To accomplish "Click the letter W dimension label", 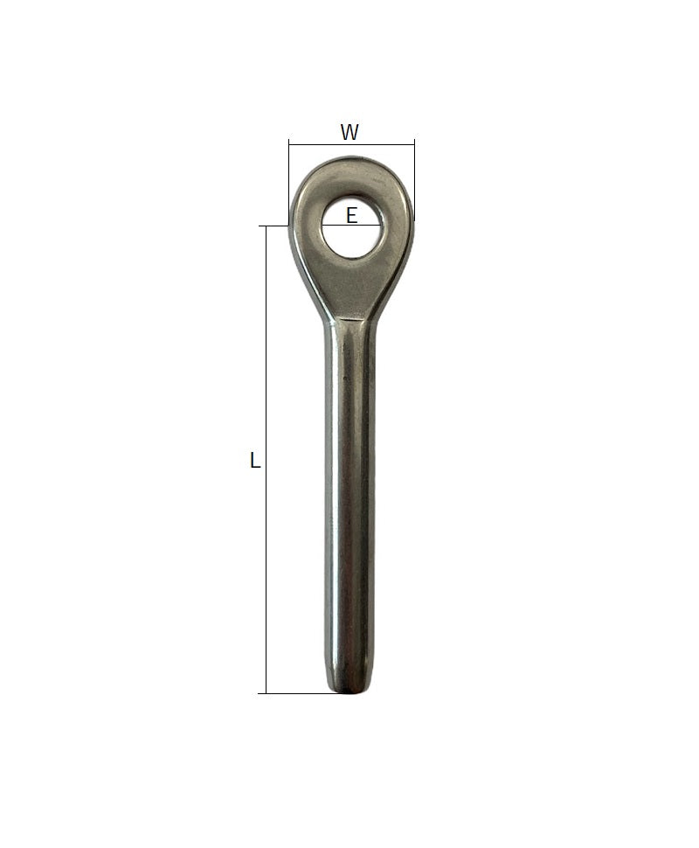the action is click(x=349, y=132).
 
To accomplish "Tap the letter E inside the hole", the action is click(x=351, y=216).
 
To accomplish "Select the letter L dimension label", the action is click(x=255, y=460).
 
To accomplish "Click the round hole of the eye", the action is click(x=352, y=227).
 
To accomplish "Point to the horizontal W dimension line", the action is click(x=351, y=144).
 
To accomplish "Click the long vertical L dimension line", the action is click(x=266, y=459).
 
